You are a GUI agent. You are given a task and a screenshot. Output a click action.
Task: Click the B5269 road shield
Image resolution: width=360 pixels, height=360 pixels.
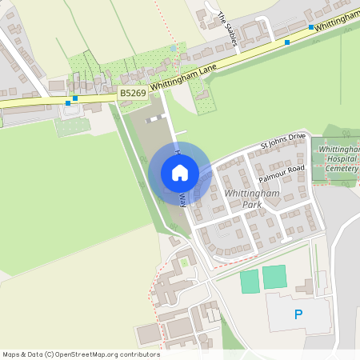(x=133, y=94)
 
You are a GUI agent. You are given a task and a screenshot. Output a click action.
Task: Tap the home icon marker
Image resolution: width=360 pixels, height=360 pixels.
(x=180, y=173)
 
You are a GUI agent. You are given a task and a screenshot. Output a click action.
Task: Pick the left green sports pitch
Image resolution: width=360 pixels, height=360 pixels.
(x=250, y=281)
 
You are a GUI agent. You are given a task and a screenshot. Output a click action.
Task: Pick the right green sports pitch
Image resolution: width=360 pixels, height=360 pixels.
(x=274, y=277)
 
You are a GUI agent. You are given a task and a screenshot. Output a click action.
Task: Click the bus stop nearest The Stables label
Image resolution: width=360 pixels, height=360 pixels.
(x=287, y=42)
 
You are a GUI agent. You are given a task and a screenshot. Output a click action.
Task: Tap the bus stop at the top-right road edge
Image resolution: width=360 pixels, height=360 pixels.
(x=311, y=27)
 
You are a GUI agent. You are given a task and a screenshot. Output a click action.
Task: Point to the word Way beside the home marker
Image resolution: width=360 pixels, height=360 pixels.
(x=183, y=199)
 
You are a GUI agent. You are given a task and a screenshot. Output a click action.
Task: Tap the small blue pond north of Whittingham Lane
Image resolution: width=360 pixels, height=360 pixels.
(x=174, y=49)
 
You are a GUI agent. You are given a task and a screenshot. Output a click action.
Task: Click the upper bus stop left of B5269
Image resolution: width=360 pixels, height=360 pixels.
(x=74, y=98)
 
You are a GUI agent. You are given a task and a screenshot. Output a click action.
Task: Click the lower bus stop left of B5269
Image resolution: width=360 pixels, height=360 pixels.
(x=68, y=103)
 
